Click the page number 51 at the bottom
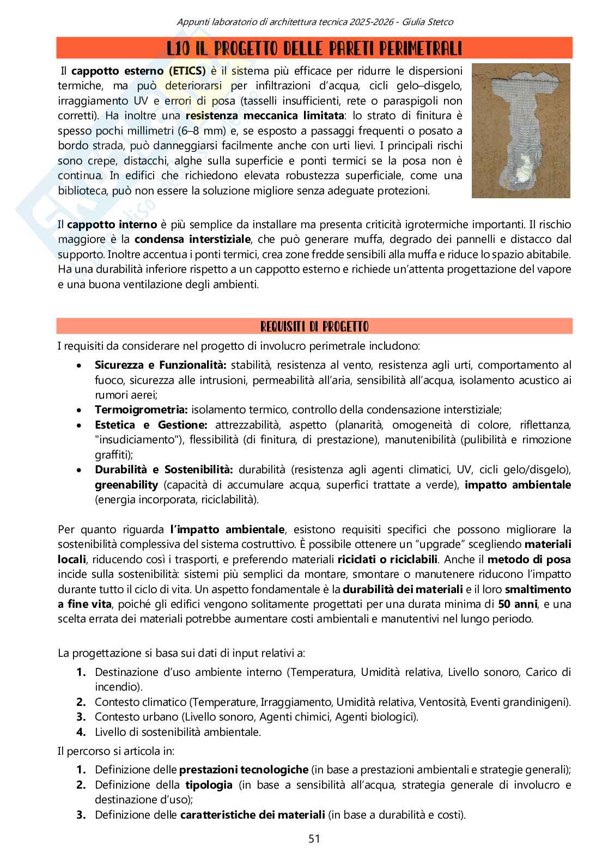point(314,839)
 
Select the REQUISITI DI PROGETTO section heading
point(314,327)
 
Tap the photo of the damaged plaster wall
point(521,131)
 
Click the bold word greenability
point(126,485)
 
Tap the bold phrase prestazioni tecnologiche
point(244,770)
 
